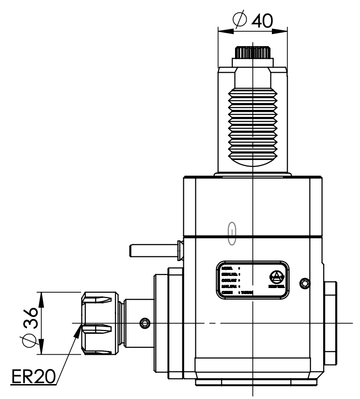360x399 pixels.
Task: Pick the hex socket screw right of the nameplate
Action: coord(305,282)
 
